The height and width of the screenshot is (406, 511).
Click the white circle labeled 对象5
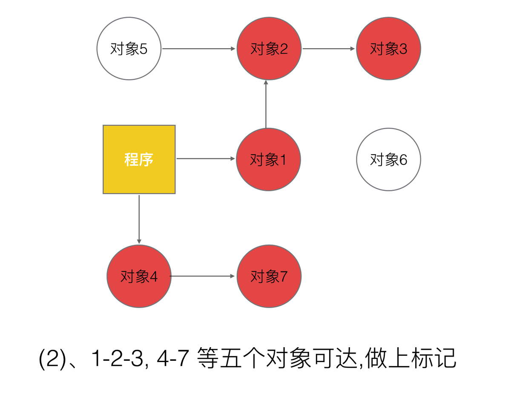pyautogui.click(x=129, y=49)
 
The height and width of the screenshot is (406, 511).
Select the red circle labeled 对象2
pyautogui.click(x=269, y=49)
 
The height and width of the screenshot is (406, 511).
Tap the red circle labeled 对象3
pyautogui.click(x=388, y=49)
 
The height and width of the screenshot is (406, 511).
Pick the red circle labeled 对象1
pyautogui.click(x=268, y=159)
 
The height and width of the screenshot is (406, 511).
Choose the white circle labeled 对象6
pyautogui.click(x=388, y=159)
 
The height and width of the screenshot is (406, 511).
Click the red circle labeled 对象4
pyautogui.click(x=139, y=276)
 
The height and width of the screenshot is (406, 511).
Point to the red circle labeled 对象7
pyautogui.click(x=269, y=276)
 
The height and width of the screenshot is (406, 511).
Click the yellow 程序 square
pyautogui.click(x=139, y=159)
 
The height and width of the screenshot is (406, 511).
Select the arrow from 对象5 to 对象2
pyautogui.click(x=199, y=49)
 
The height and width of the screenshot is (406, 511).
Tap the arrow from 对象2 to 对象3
pyautogui.click(x=329, y=49)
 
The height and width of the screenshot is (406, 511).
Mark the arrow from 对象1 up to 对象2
pyautogui.click(x=266, y=104)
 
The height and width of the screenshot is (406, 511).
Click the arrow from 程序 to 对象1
pyautogui.click(x=206, y=158)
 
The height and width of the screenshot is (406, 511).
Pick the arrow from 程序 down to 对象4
pyautogui.click(x=139, y=219)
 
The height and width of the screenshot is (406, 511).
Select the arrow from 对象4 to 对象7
pyautogui.click(x=202, y=276)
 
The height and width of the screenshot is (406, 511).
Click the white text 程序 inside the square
pyautogui.click(x=139, y=159)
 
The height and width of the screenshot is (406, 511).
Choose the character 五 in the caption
pyautogui.click(x=230, y=358)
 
